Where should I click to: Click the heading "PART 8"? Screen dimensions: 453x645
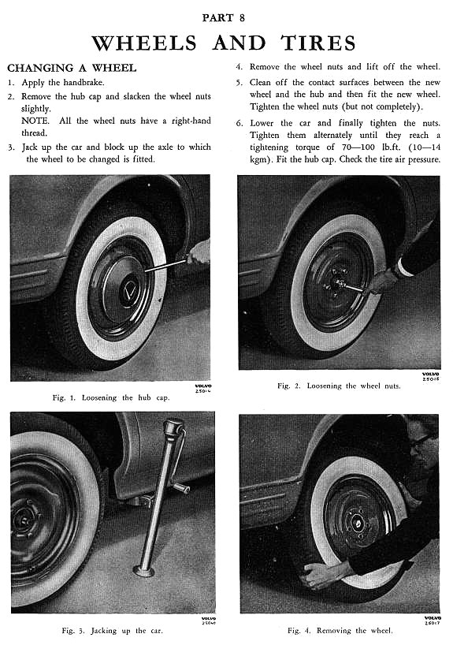(223, 17)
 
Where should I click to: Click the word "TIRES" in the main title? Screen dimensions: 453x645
(318, 43)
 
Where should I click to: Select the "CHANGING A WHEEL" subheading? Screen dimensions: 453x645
(72, 68)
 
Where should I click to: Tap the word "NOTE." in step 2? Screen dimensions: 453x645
(35, 121)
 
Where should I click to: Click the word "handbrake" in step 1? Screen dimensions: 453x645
(83, 82)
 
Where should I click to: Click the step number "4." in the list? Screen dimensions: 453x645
(239, 67)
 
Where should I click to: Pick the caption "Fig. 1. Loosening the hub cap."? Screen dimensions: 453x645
(111, 397)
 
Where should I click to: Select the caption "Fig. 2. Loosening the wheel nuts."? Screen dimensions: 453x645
(339, 386)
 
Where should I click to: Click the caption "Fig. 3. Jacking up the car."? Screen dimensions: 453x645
(112, 631)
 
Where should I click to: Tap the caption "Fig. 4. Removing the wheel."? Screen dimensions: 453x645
(340, 631)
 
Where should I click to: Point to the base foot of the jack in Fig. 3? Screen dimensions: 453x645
(143, 571)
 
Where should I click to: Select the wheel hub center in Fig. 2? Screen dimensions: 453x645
(338, 282)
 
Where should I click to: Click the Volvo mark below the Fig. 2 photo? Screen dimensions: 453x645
(431, 376)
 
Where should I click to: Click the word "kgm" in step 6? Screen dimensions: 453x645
(258, 159)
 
